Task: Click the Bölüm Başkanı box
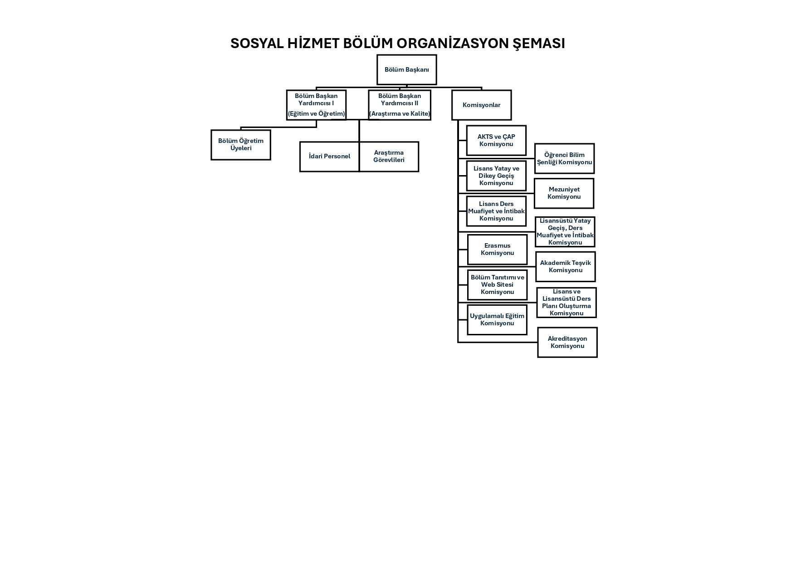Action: point(406,70)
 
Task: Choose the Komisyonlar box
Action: point(481,105)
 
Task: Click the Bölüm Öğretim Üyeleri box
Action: point(240,145)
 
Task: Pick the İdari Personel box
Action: point(329,157)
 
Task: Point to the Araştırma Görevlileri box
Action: point(389,157)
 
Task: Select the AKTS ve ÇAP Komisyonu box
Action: point(496,141)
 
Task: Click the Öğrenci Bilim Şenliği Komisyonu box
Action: point(564,159)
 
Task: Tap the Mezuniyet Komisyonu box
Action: point(564,193)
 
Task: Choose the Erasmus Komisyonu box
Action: point(497,250)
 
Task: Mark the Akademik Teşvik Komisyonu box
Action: point(565,267)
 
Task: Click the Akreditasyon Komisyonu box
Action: point(567,343)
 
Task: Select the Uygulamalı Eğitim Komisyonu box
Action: point(497,320)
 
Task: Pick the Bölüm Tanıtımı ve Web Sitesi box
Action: point(497,285)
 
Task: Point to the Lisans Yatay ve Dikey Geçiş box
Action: point(496,176)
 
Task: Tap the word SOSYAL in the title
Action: point(257,44)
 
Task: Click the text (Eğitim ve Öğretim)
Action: point(316,114)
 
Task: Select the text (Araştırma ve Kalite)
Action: point(399,114)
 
